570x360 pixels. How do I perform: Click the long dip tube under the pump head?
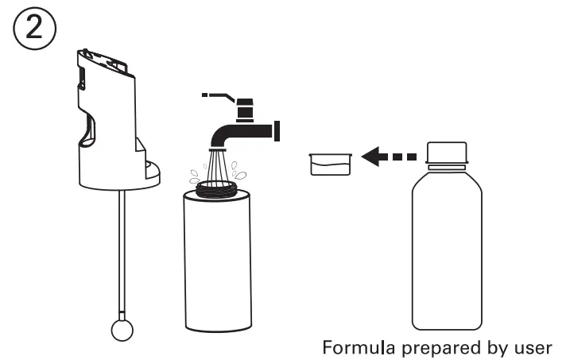tap(121, 254)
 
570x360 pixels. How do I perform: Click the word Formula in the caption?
tap(356, 346)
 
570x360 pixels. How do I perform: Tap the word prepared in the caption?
tap(429, 347)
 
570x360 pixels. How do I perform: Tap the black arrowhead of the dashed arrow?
tap(370, 157)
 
